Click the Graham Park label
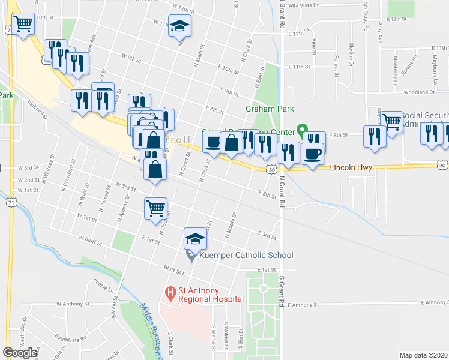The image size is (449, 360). pos(269,109)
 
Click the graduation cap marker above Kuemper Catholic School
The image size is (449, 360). pos(194,239)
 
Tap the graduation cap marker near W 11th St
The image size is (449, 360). pos(179,27)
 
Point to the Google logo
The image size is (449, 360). pos(19,352)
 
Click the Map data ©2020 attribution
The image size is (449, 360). pos(424,355)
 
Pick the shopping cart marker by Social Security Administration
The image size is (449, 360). pos(391,122)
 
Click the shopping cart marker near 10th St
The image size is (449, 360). pos(23,25)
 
